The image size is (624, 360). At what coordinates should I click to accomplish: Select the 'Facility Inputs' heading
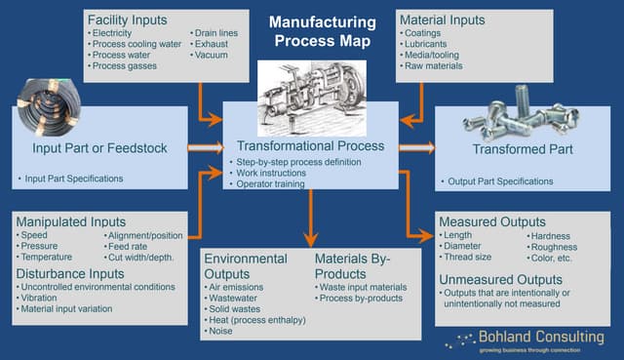point(127,20)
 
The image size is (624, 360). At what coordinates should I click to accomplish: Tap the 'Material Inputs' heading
point(441,20)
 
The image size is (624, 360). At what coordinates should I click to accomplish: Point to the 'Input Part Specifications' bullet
point(70,180)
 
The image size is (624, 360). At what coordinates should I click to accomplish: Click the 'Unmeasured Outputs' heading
point(500,280)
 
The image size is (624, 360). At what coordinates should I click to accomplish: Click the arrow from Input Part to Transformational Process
point(206,147)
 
